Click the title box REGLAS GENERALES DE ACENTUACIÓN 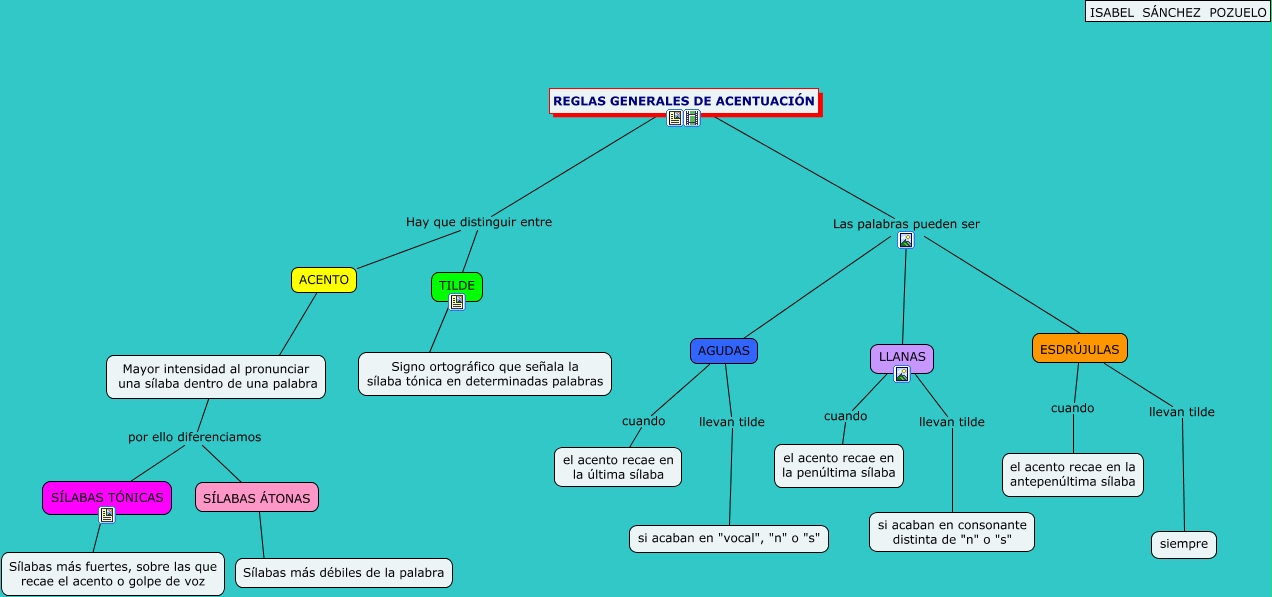pyautogui.click(x=684, y=101)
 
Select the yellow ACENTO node pyautogui.click(x=324, y=280)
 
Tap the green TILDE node pyautogui.click(x=457, y=285)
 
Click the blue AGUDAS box pyautogui.click(x=724, y=351)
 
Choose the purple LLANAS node pyautogui.click(x=902, y=356)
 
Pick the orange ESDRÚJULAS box pyautogui.click(x=1079, y=348)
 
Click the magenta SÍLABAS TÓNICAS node pyautogui.click(x=107, y=497)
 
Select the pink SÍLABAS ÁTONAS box pyautogui.click(x=257, y=497)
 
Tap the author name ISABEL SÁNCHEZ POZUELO pyautogui.click(x=1177, y=11)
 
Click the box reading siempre pyautogui.click(x=1184, y=545)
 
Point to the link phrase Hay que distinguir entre pyautogui.click(x=479, y=222)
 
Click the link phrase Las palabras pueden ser pyautogui.click(x=906, y=224)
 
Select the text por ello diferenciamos pyautogui.click(x=195, y=437)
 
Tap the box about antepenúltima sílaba pyautogui.click(x=1072, y=474)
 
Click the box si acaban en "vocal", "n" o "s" pyautogui.click(x=729, y=538)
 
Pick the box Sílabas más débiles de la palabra pyautogui.click(x=344, y=573)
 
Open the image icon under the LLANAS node pyautogui.click(x=902, y=374)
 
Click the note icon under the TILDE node pyautogui.click(x=457, y=302)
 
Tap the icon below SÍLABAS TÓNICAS pyautogui.click(x=107, y=515)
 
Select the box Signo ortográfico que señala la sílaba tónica pyautogui.click(x=485, y=374)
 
